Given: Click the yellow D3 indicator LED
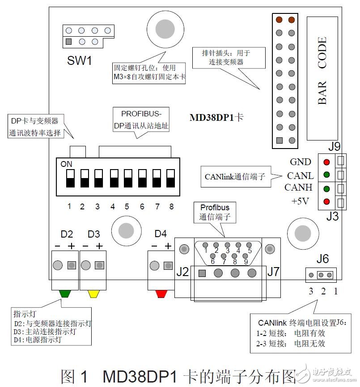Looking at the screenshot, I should pyautogui.click(x=94, y=294).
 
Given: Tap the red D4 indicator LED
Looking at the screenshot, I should pyautogui.click(x=161, y=294).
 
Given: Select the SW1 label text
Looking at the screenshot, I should pyautogui.click(x=80, y=60).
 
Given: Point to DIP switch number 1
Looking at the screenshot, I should pyautogui.click(x=70, y=178).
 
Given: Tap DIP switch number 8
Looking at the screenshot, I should pyautogui.click(x=171, y=178).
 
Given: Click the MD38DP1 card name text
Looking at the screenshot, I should pyautogui.click(x=216, y=118).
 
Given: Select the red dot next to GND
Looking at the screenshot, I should pyautogui.click(x=327, y=162).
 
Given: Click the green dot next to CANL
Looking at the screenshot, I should pyautogui.click(x=327, y=175).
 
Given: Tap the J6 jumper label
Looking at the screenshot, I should pyautogui.click(x=322, y=259).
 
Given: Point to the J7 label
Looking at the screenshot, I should pyautogui.click(x=274, y=272).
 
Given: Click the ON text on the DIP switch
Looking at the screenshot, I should pyautogui.click(x=66, y=164).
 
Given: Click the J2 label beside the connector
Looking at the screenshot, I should pyautogui.click(x=182, y=272).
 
